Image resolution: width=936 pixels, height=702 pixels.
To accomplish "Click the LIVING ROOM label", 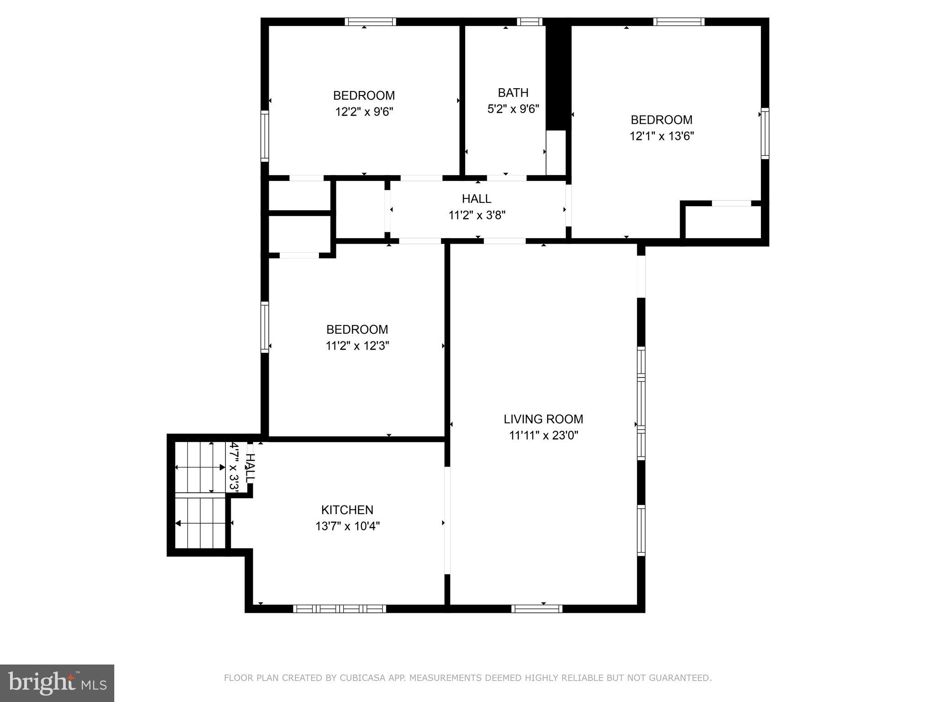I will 543,419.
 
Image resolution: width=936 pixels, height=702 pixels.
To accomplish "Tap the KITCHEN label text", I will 347,510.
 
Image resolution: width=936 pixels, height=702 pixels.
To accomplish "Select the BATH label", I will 513,93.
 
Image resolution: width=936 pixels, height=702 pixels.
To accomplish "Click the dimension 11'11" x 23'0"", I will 543,436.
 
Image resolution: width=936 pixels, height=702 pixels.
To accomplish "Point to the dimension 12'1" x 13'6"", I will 661,136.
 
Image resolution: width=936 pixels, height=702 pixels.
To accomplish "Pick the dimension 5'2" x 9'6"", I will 513,109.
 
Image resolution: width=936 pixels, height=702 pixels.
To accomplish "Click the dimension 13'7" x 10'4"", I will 347,526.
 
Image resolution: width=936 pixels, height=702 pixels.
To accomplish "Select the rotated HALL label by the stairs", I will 250,467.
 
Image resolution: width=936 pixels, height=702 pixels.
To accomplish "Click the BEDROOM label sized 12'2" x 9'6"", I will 364,96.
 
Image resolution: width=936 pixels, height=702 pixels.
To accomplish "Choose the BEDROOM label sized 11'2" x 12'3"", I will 357,330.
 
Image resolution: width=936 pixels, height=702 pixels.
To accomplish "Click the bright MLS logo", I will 57,683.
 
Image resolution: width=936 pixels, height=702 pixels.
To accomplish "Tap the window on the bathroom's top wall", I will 530,21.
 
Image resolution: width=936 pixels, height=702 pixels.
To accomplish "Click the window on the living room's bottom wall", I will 537,608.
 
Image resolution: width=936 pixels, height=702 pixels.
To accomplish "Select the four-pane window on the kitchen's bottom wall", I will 339,608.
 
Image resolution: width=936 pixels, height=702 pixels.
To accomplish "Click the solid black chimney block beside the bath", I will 558,75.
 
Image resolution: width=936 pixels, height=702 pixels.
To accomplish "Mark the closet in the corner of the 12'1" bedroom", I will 723,222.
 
